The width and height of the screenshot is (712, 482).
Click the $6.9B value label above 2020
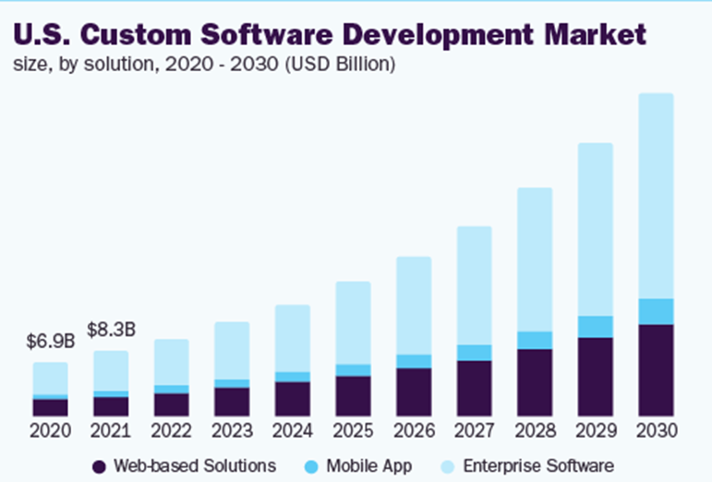50,342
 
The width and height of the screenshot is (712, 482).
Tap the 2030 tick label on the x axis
656,430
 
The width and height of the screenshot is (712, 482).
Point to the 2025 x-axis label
353,430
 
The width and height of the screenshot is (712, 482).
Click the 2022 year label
171,430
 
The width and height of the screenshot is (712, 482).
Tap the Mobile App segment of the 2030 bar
656,311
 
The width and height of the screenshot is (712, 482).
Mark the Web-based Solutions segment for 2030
656,369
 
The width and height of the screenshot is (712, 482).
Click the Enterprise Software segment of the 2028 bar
535,259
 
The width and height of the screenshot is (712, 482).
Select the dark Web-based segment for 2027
474,388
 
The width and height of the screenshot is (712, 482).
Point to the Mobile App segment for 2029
595,327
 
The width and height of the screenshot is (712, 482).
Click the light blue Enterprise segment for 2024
292,338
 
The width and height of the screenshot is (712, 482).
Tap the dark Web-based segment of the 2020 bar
50,407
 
